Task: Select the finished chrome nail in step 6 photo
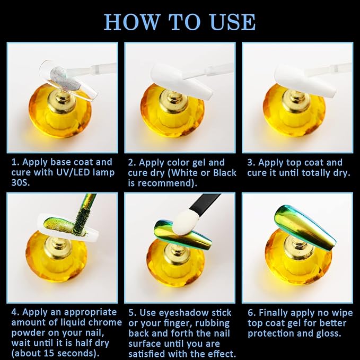coord(305,227)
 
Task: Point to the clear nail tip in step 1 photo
coord(68,80)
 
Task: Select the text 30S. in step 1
coord(21,182)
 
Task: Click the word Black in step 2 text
coord(225,173)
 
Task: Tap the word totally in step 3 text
coord(317,173)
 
